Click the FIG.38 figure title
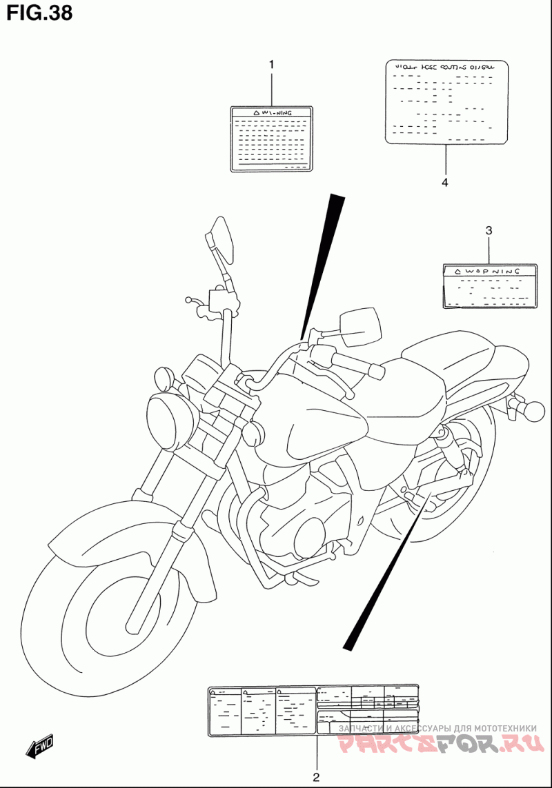pyautogui.click(x=39, y=13)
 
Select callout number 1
pyautogui.click(x=271, y=65)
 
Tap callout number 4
pyautogui.click(x=445, y=183)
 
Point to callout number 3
pyautogui.click(x=489, y=230)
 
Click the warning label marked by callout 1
pyautogui.click(x=271, y=139)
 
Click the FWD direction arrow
pyautogui.click(x=40, y=746)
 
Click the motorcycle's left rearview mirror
pyautogui.click(x=221, y=239)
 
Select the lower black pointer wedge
pyautogui.click(x=386, y=572)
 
